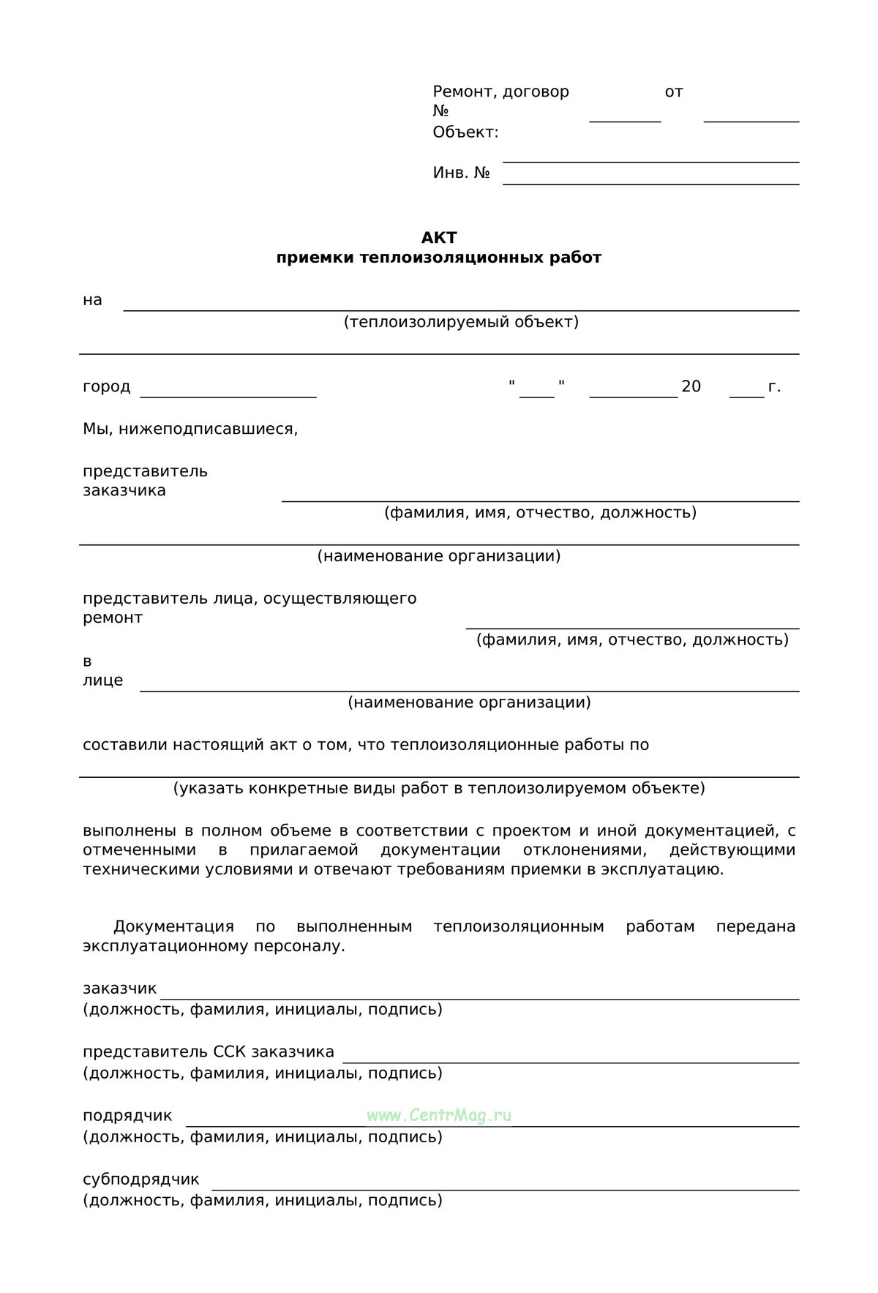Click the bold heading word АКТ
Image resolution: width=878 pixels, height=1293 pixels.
coord(439,238)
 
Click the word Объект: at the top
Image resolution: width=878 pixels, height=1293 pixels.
coord(465,132)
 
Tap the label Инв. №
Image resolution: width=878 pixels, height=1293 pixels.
coord(461,173)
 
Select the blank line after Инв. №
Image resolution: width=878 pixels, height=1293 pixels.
coord(650,183)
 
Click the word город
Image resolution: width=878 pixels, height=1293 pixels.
coord(106,386)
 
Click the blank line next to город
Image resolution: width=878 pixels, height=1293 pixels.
coord(228,396)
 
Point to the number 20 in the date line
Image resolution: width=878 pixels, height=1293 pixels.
coord(691,386)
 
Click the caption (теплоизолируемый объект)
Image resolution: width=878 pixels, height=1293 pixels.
coord(461,322)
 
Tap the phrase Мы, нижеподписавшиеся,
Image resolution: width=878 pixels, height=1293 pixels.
coord(190,429)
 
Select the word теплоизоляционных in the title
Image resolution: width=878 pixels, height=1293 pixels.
coord(451,258)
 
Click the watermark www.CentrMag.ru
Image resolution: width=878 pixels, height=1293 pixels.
coord(439,1115)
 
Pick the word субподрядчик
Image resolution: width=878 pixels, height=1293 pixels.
coord(140,1179)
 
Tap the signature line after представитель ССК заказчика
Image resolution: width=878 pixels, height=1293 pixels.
coord(571,1062)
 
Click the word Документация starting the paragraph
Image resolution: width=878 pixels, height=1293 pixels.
coord(173,926)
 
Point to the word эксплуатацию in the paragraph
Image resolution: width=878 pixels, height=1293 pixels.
coord(672,869)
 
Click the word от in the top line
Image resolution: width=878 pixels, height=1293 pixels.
coord(673,92)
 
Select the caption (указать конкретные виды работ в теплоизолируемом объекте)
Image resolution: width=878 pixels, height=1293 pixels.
coord(439,788)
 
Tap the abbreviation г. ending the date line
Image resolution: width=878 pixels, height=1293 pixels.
coord(774,386)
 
